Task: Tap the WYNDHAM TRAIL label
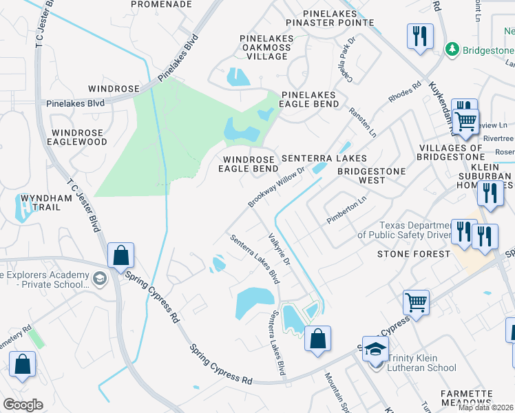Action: (46, 202)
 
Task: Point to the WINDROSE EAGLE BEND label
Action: (249, 163)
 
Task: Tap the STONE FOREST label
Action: (408, 254)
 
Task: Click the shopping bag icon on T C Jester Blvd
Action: (120, 255)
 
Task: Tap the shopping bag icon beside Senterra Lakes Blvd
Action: (317, 339)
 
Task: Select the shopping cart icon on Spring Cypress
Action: (417, 301)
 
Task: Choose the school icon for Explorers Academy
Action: (100, 278)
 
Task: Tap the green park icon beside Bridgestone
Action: (452, 49)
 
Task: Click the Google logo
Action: (23, 405)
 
